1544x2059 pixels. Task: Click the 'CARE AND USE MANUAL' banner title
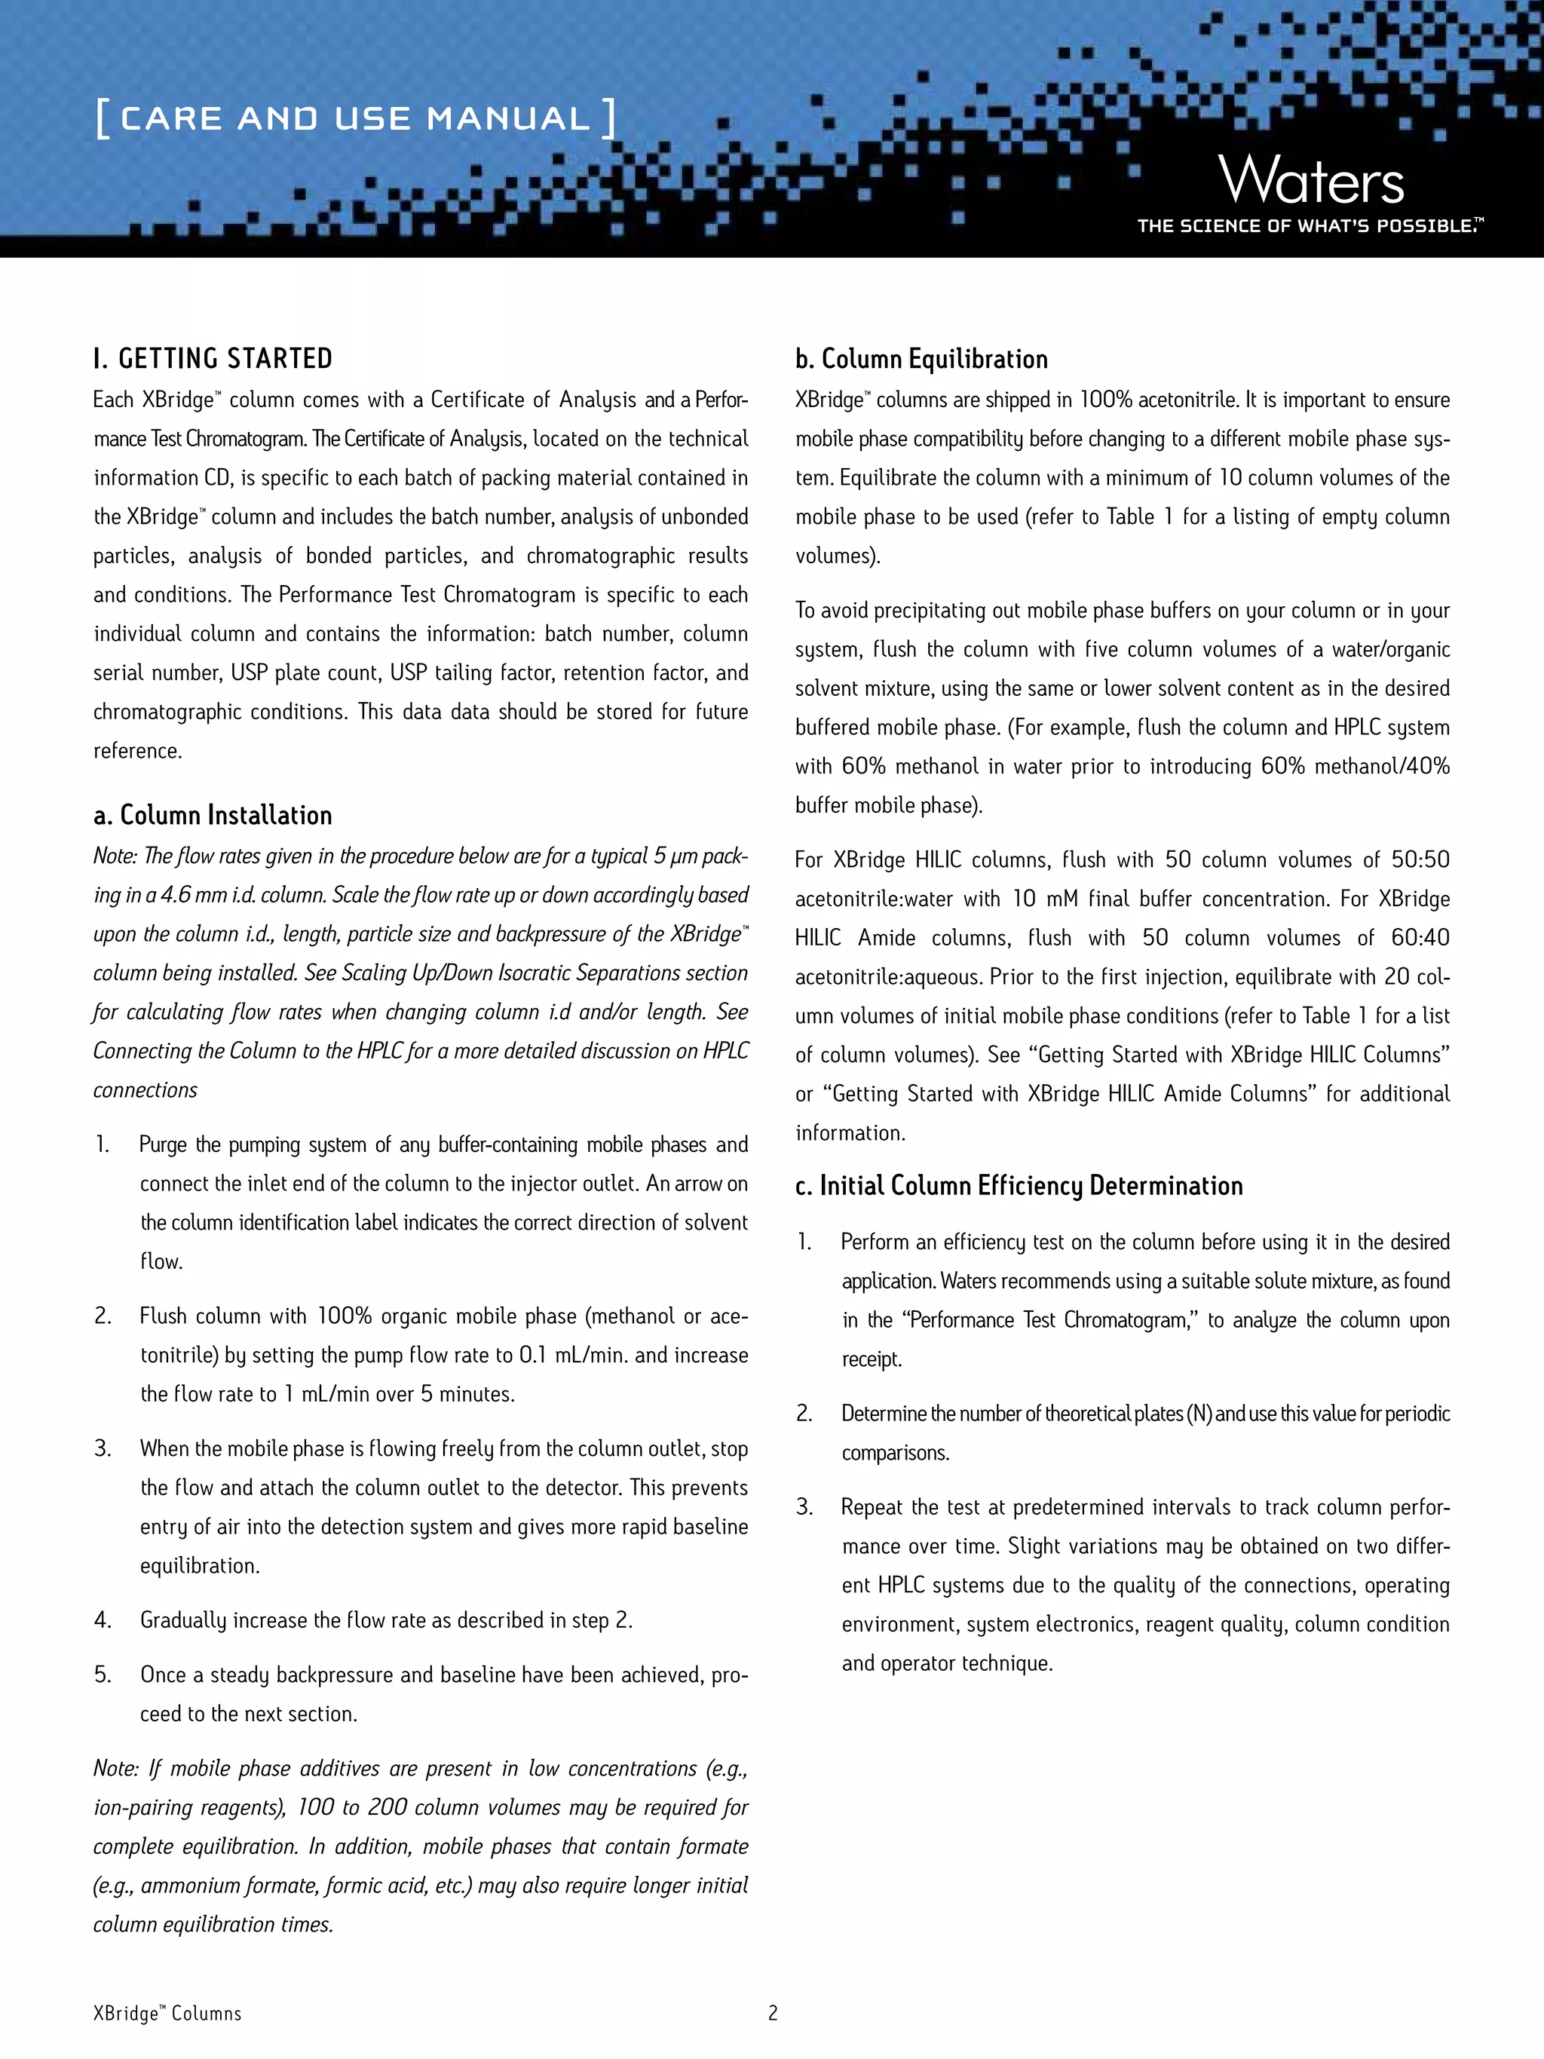point(354,118)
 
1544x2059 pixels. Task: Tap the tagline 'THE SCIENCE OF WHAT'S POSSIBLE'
point(1309,226)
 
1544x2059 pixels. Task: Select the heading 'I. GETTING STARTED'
point(213,358)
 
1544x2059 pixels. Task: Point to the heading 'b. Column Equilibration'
point(921,358)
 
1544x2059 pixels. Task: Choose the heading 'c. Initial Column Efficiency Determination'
point(1019,1185)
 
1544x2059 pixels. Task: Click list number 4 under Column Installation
point(103,1619)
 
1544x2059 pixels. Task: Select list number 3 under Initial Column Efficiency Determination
point(804,1506)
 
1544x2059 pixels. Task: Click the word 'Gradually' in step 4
point(182,1619)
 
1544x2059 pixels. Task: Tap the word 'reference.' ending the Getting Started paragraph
point(138,750)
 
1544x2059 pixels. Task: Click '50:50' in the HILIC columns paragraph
point(1420,859)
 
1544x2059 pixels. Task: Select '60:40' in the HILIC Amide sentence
point(1420,937)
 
